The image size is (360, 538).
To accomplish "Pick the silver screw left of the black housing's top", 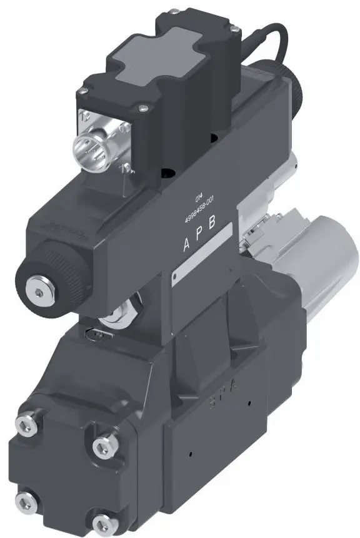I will click(81, 92).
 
